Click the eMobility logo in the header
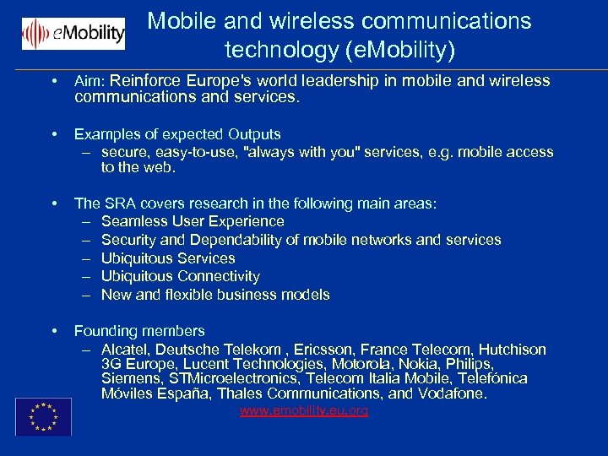(73, 34)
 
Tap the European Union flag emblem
(43, 416)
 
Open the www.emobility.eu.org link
(304, 411)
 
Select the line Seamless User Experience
(193, 221)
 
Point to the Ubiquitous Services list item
(168, 258)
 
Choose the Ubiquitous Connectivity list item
(180, 276)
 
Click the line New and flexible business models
(215, 295)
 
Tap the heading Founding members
(139, 331)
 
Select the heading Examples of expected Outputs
(177, 134)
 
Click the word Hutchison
(513, 350)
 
